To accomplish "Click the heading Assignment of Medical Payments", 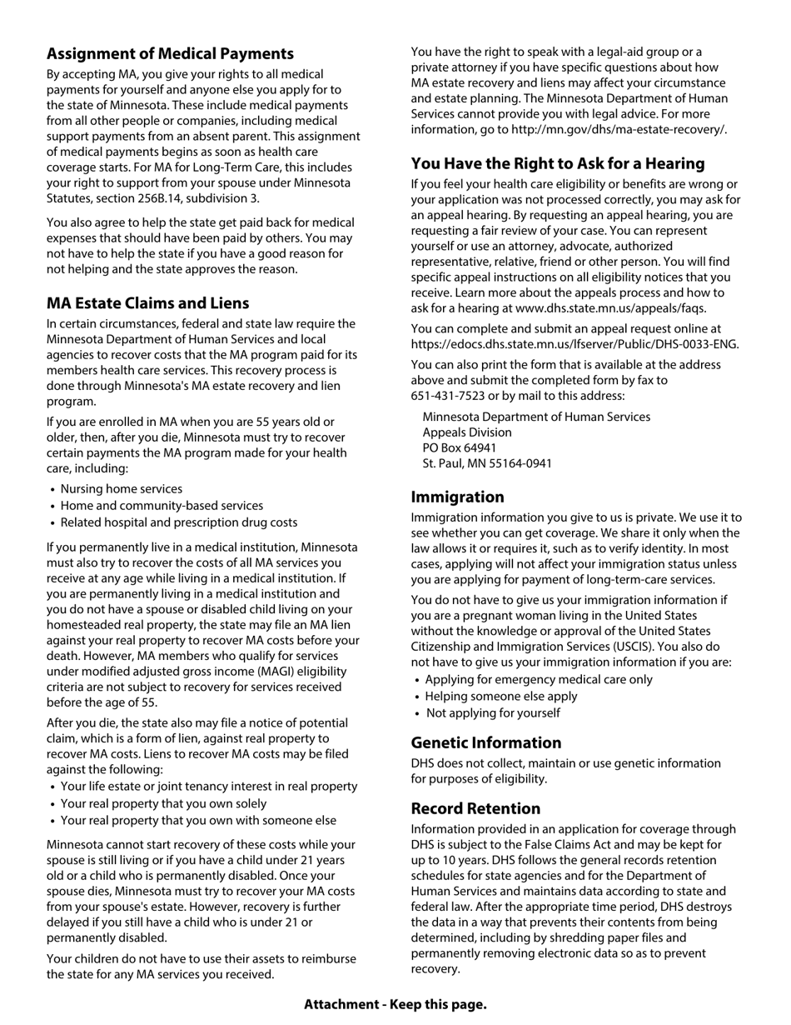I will tap(170, 54).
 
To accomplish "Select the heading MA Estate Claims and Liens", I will tap(147, 303).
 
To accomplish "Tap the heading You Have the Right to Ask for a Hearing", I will tap(557, 163).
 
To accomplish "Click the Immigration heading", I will tap(457, 497).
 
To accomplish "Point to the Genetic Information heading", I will tap(485, 743).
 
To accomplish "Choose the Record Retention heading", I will tap(475, 809).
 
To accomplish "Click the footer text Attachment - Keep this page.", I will tap(395, 1004).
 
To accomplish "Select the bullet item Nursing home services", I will tap(121, 489).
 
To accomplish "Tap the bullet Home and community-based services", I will tap(162, 506).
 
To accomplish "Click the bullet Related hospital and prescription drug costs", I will tap(178, 522).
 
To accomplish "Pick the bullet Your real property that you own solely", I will tap(163, 804).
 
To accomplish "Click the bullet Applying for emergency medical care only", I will tap(538, 680).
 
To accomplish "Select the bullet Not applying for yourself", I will tap(492, 713).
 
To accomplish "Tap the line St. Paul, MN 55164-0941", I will tap(486, 464).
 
